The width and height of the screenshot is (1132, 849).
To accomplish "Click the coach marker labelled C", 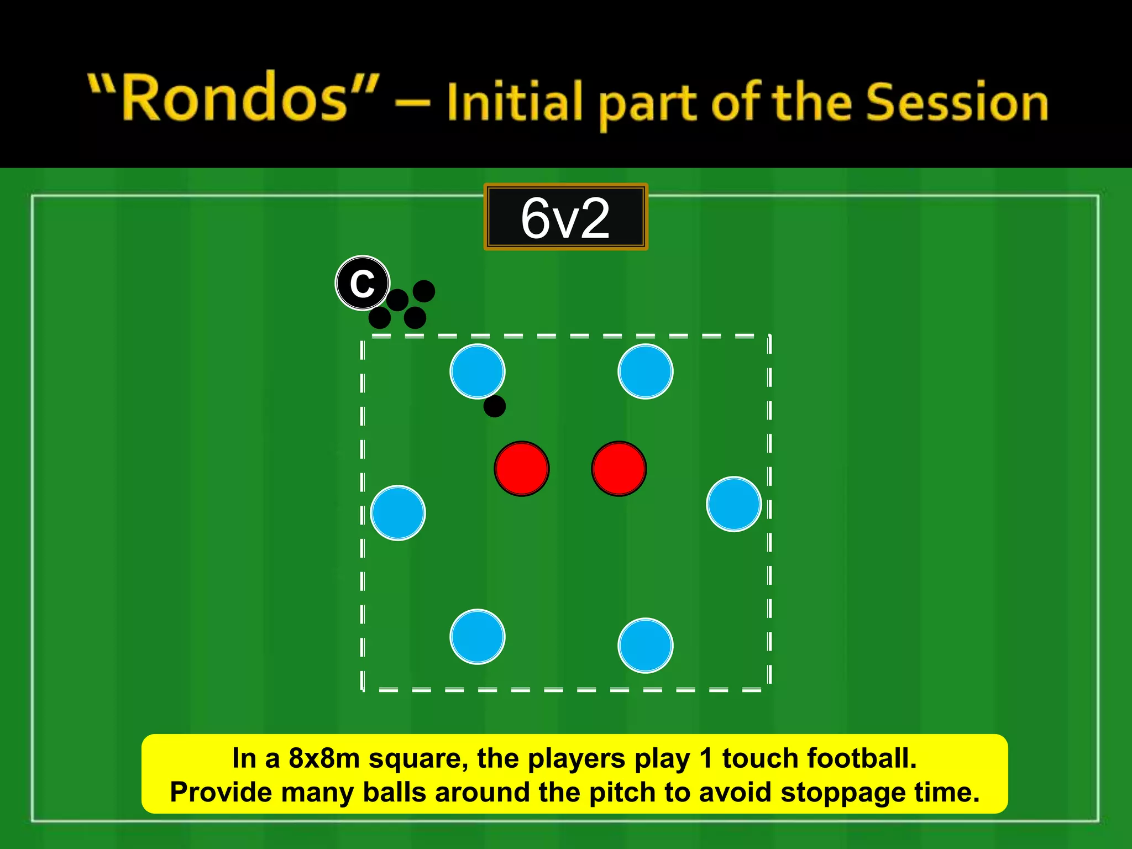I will (363, 284).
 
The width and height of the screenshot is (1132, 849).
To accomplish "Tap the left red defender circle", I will (522, 469).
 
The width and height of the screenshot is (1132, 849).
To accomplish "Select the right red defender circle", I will (619, 469).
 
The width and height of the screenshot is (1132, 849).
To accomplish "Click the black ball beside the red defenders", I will (494, 406).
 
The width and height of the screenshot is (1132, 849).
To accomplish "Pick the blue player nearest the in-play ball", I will (478, 371).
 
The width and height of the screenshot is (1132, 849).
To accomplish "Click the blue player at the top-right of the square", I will (645, 371).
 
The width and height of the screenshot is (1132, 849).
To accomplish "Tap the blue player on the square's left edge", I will (398, 513).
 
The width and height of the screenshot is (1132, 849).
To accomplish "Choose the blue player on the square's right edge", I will (733, 504).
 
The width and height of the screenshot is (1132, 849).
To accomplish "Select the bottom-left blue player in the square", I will (478, 637).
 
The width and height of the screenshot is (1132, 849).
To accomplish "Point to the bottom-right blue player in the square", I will (645, 646).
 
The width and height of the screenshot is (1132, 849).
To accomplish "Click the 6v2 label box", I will (565, 217).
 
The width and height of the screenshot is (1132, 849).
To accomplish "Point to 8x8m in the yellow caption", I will (324, 758).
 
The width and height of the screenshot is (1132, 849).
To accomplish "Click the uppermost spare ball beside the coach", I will (424, 291).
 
